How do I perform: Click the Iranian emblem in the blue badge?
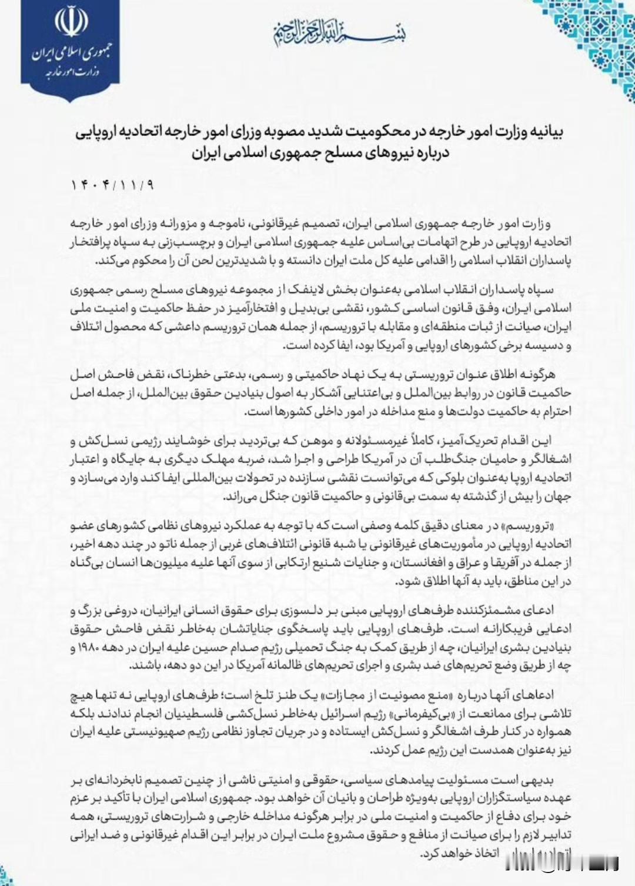tap(71, 22)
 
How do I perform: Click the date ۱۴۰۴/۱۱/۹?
tap(112, 185)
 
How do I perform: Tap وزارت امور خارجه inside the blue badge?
tap(71, 72)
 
